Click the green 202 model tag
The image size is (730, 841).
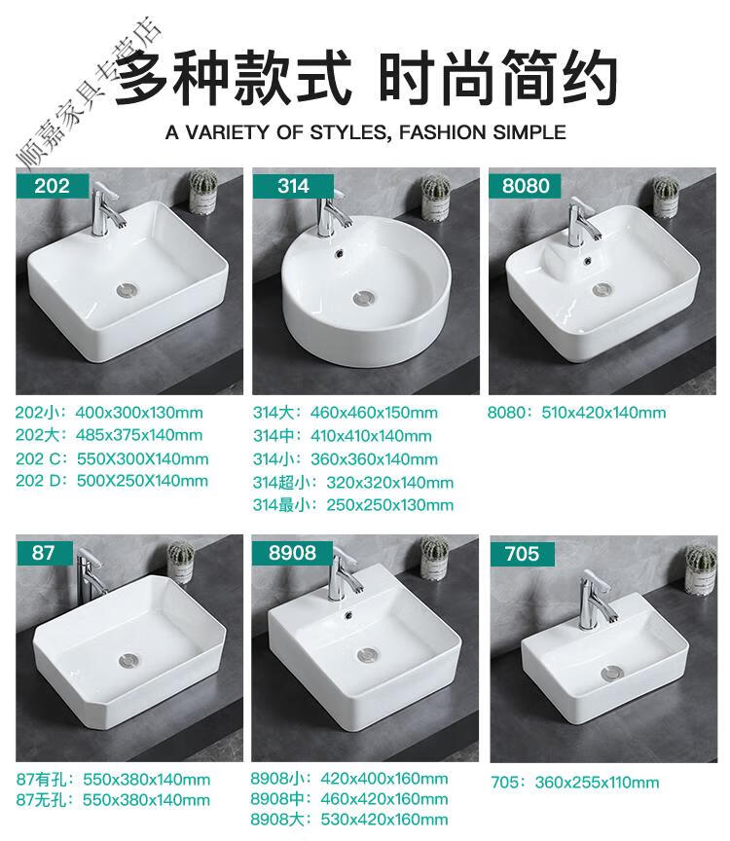pyautogui.click(x=52, y=186)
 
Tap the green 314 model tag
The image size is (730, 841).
pyautogui.click(x=293, y=186)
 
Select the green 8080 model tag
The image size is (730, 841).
pyautogui.click(x=525, y=186)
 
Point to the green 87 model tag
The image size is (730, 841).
pyautogui.click(x=44, y=553)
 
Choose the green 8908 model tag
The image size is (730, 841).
pyautogui.click(x=292, y=553)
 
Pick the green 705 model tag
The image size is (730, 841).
pyautogui.click(x=522, y=554)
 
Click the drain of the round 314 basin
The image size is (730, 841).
pyautogui.click(x=365, y=297)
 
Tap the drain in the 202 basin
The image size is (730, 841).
pyautogui.click(x=128, y=290)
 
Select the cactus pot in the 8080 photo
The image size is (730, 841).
pyautogui.click(x=666, y=197)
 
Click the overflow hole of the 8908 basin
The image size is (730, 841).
pyautogui.click(x=349, y=614)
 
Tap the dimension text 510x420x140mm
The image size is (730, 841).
pyautogui.click(x=603, y=413)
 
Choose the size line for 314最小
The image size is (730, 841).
pyautogui.click(x=353, y=505)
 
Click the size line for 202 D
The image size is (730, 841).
pyautogui.click(x=112, y=481)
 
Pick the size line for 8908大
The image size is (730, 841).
pyautogui.click(x=349, y=820)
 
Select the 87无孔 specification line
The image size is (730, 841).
pyautogui.click(x=113, y=800)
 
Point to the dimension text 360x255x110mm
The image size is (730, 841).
pyautogui.click(x=597, y=783)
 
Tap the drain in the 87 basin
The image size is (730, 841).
pyautogui.click(x=128, y=659)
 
